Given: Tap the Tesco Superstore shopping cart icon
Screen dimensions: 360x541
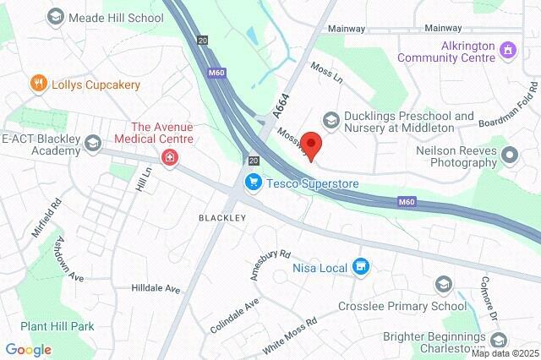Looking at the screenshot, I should point(253,183).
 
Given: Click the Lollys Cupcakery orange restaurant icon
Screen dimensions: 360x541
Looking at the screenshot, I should point(37,84).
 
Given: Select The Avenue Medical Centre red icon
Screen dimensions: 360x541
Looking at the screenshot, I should point(170,158).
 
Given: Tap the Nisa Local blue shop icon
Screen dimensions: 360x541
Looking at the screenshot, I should point(361,268).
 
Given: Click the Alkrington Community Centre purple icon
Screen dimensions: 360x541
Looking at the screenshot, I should point(507,50).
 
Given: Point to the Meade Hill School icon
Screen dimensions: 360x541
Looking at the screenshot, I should point(55,17).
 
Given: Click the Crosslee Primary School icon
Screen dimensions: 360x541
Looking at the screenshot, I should point(443,283).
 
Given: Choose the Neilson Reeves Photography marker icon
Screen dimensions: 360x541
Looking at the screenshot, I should point(509,155).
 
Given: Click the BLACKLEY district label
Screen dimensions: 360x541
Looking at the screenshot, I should point(222,217).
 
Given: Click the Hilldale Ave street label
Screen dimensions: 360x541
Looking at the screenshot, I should point(156,288).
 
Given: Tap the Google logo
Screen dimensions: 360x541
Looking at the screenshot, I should point(28,349).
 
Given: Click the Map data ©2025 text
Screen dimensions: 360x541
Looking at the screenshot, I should point(505,352).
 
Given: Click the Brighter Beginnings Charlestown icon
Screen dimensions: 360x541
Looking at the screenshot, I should point(499,340).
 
